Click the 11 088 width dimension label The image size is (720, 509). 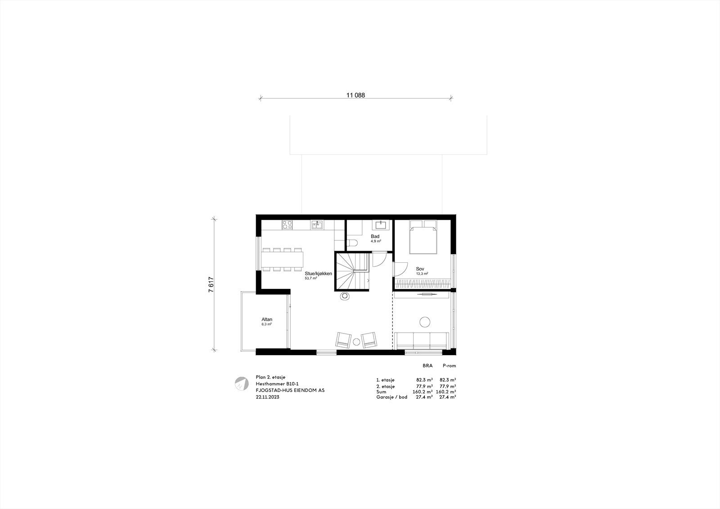355,95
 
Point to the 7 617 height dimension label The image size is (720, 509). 211,284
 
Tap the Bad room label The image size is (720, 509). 375,236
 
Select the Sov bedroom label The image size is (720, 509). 420,269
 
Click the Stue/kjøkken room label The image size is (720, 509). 318,273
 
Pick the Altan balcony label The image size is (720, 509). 267,320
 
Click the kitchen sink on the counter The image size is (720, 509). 317,225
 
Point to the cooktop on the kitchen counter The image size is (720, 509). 288,224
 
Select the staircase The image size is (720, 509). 351,272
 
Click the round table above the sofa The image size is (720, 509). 425,322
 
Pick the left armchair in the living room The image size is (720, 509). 343,340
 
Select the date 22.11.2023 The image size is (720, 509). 267,397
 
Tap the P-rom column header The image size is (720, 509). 449,366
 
